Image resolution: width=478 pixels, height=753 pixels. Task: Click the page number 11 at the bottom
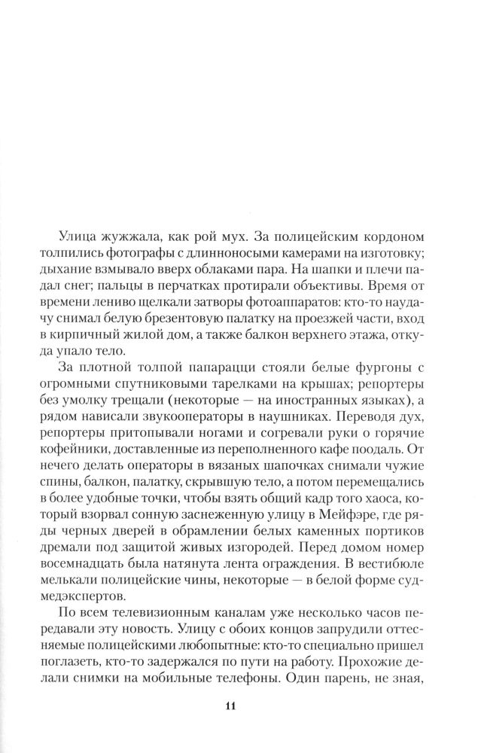point(230,705)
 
